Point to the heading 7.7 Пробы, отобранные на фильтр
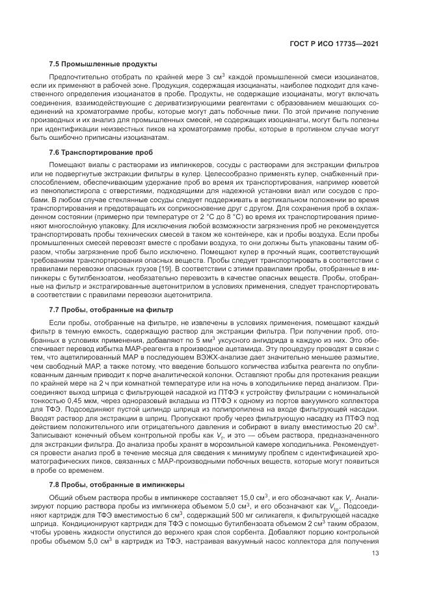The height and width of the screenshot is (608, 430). coord(111,310)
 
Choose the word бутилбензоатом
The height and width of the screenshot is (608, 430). coord(96,278)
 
